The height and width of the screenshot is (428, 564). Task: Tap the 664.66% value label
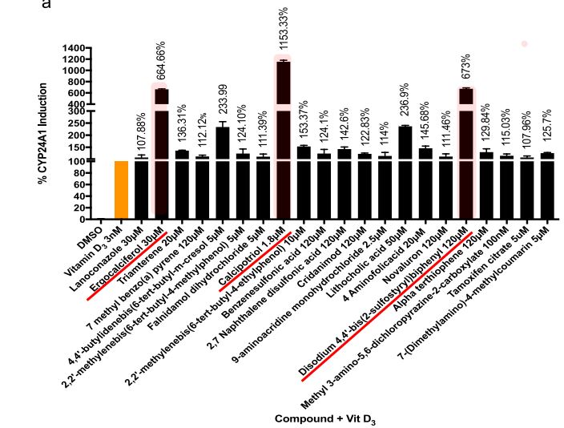tap(161, 62)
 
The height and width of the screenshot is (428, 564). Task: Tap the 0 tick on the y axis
tap(87, 219)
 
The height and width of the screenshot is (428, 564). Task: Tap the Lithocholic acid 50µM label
tap(377, 249)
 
